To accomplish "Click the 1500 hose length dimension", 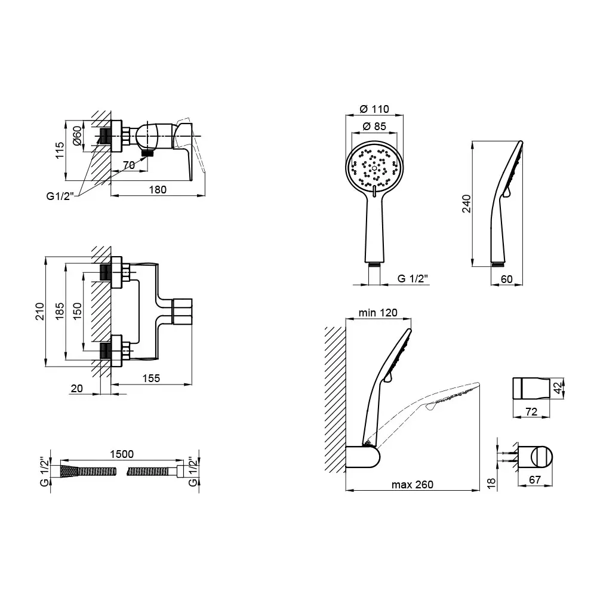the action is [x=122, y=454].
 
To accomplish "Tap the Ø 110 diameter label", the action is [x=374, y=109].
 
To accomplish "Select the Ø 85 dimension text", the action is [x=374, y=127].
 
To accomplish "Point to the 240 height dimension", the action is [x=466, y=204].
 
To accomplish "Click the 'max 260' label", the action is [x=413, y=485].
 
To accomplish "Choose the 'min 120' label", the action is [x=378, y=313].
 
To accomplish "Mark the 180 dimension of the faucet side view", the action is [x=158, y=190].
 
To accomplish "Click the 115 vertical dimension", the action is [x=60, y=150].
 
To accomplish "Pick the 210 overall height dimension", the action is [x=40, y=312].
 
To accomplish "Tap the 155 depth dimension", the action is [x=151, y=378].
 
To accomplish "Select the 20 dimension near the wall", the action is [x=76, y=389].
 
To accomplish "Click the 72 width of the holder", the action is [x=531, y=411].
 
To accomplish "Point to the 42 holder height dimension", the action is [x=558, y=388].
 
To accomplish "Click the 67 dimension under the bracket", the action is [x=535, y=480].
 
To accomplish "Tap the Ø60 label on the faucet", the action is [x=77, y=136].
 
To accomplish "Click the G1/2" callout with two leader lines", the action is [x=60, y=196].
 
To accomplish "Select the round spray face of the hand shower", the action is [x=374, y=168].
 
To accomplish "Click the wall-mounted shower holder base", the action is [x=363, y=457].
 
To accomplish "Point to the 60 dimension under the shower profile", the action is [x=506, y=279].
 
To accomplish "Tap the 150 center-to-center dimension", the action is [x=77, y=311].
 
